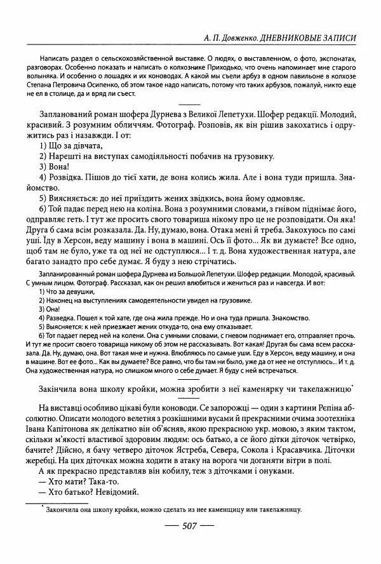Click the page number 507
point(191,526)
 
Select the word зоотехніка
point(331,420)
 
